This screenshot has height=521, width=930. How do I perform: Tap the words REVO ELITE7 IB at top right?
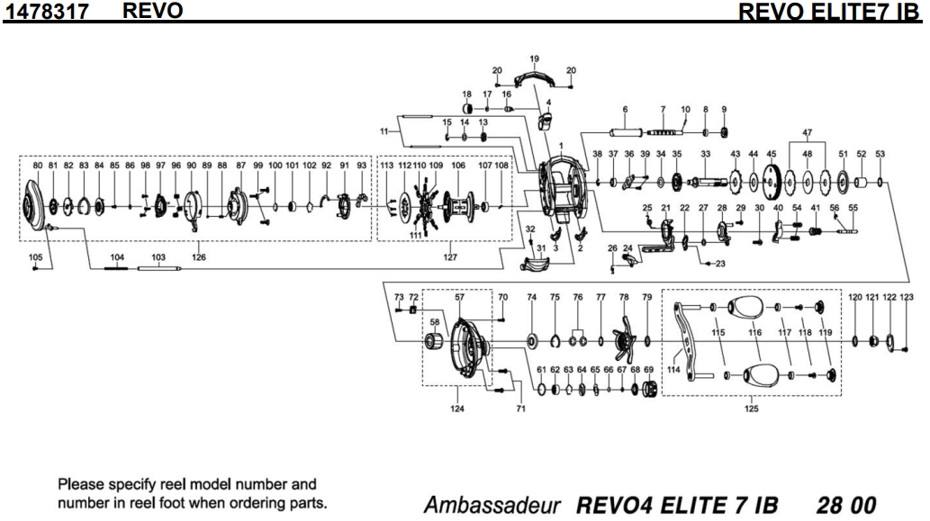tap(834, 12)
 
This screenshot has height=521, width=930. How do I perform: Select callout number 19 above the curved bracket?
tap(534, 59)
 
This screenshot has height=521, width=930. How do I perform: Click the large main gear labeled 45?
tap(771, 185)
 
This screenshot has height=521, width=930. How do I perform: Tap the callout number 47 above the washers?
tap(807, 132)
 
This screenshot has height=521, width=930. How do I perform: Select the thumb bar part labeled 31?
tap(540, 265)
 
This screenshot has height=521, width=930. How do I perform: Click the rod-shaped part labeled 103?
tap(160, 267)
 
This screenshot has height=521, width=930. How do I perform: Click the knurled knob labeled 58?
tap(434, 343)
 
